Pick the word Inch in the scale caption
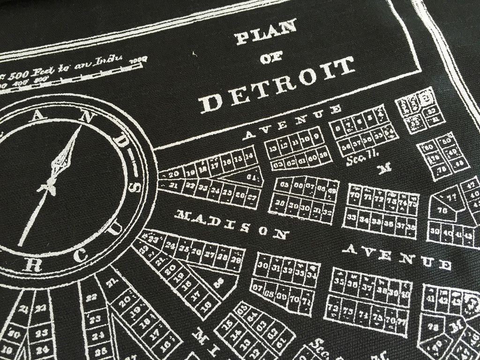click(x=110, y=60)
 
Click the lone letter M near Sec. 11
click(x=386, y=168)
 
